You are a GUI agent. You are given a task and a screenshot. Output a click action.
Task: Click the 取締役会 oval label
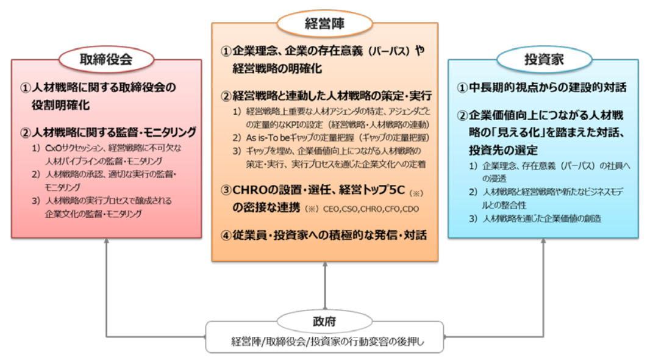(106, 59)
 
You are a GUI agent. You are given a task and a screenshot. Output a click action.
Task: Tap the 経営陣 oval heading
(325, 23)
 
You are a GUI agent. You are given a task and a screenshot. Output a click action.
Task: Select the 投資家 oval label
(543, 59)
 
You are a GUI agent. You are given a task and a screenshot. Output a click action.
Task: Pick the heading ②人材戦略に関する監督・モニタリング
(108, 131)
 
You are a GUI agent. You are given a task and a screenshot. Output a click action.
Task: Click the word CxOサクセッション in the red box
(72, 148)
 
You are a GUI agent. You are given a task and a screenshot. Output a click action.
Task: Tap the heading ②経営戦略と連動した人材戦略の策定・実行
(326, 96)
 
